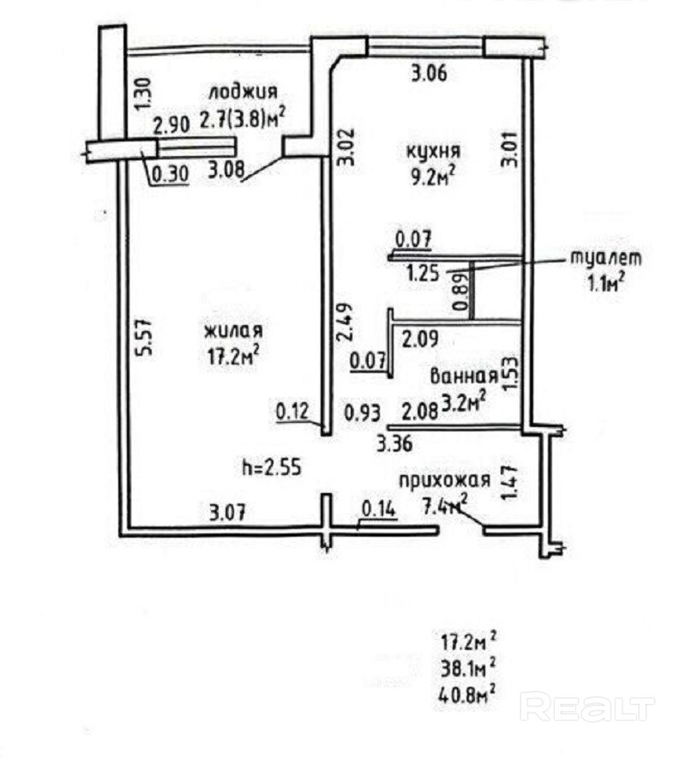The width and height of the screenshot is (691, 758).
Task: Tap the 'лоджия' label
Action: pyautogui.click(x=242, y=92)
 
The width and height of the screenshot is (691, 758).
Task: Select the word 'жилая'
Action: pyautogui.click(x=232, y=330)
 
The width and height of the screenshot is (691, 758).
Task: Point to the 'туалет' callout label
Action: pyautogui.click(x=605, y=257)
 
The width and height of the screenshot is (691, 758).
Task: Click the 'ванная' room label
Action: pyautogui.click(x=464, y=376)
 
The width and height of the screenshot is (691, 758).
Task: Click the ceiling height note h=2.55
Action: pyautogui.click(x=272, y=467)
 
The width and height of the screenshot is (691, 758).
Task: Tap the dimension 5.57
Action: pyautogui.click(x=147, y=338)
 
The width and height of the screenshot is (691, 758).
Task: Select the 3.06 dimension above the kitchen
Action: pyautogui.click(x=430, y=75)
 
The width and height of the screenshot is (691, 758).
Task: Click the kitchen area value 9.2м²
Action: pyautogui.click(x=430, y=177)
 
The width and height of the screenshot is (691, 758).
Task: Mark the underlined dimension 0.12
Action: pyautogui.click(x=291, y=412)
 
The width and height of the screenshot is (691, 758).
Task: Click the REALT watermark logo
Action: pyautogui.click(x=587, y=707)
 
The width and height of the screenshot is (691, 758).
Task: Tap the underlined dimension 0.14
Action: pyautogui.click(x=378, y=508)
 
